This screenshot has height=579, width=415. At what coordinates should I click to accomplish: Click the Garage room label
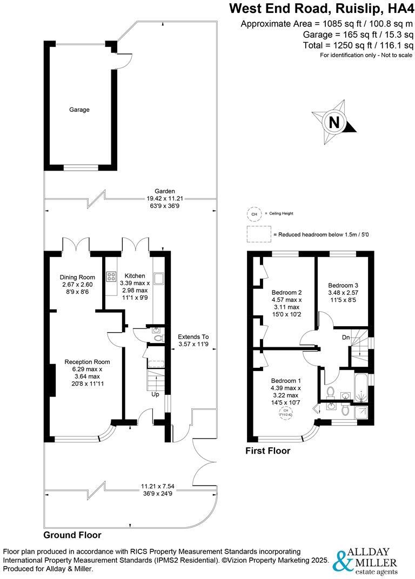pos(79,110)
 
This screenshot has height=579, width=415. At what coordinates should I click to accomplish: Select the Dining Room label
pos(77,277)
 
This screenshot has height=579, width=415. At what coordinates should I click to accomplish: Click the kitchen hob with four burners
pos(112,277)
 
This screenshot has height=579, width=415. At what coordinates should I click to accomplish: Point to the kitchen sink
pos(159,279)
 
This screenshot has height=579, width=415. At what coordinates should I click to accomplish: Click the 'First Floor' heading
pos(267,450)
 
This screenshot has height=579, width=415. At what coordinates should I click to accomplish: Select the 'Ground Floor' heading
pos(72,535)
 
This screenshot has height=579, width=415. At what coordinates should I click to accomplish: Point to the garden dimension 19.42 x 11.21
pos(165,198)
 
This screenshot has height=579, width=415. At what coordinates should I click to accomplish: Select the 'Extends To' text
pos(193,336)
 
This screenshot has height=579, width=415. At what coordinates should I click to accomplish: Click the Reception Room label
pos(87,362)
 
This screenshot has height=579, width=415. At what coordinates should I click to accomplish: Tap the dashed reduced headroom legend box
pos(258,234)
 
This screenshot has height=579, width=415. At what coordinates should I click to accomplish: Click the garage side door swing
pos(124,59)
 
